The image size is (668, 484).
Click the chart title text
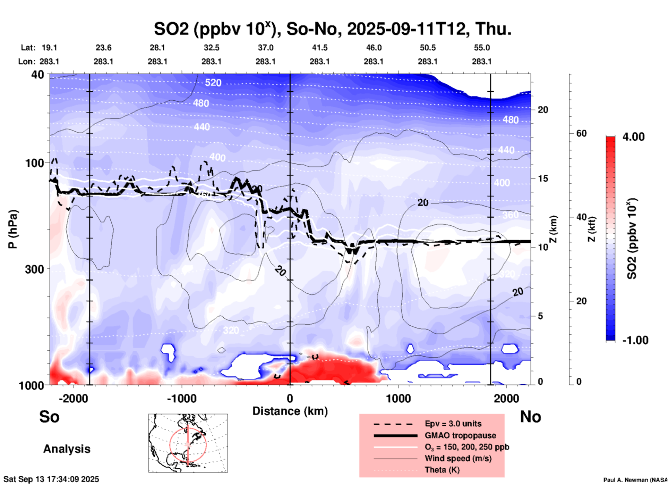coord(333,29)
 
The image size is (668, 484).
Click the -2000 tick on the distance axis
coord(74,399)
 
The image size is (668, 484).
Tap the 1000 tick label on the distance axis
coord(398,399)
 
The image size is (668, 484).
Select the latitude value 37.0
coord(265,48)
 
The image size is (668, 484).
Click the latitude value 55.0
coord(482,48)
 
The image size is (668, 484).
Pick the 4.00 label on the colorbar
coord(633,137)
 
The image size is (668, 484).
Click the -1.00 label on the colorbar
coord(635,340)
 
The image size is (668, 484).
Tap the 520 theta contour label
coord(213,83)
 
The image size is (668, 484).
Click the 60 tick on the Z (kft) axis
coord(581,134)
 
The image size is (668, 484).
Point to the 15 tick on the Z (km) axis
coord(543,178)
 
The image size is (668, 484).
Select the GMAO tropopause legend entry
coord(460,435)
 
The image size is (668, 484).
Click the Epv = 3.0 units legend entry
coord(453,424)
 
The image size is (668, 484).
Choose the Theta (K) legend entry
coord(442,470)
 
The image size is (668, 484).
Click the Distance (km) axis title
coord(290,411)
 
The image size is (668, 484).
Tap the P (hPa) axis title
coord(12,229)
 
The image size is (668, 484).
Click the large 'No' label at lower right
coord(530,417)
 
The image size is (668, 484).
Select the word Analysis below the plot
coord(67,449)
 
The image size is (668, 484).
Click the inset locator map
coord(188,443)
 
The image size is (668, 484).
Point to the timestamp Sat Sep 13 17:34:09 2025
coord(51,479)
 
